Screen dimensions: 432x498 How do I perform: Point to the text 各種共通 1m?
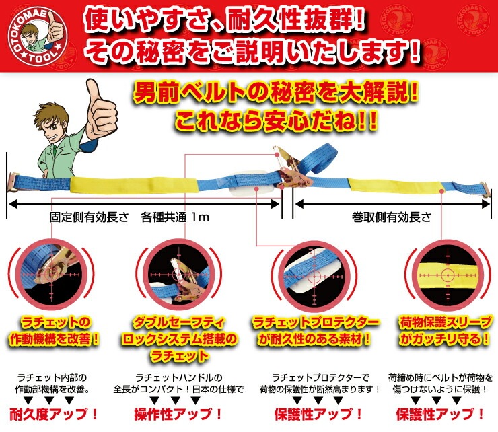point(178,217)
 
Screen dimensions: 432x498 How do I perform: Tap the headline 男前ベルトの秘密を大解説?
point(278,94)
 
